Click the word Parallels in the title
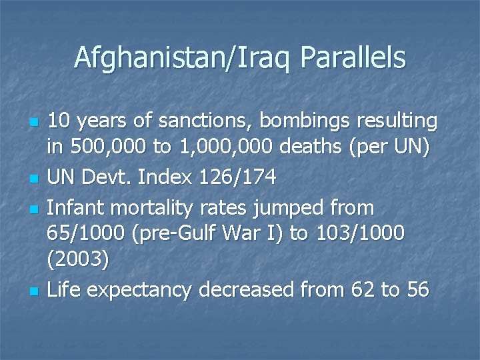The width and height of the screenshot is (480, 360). tap(353, 58)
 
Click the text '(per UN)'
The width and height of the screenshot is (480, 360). tap(389, 151)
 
